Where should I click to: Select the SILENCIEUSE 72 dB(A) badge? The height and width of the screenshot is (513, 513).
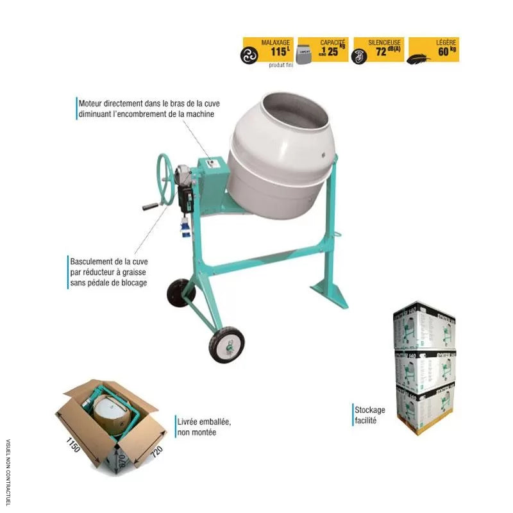(378, 49)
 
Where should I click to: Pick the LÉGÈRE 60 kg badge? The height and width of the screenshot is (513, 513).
(433, 49)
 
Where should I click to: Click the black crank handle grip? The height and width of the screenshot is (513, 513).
(150, 207)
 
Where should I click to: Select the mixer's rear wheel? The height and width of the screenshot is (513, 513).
(181, 293)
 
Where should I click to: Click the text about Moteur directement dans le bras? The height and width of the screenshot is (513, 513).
(146, 108)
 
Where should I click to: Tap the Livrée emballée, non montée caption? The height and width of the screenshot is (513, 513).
(203, 427)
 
